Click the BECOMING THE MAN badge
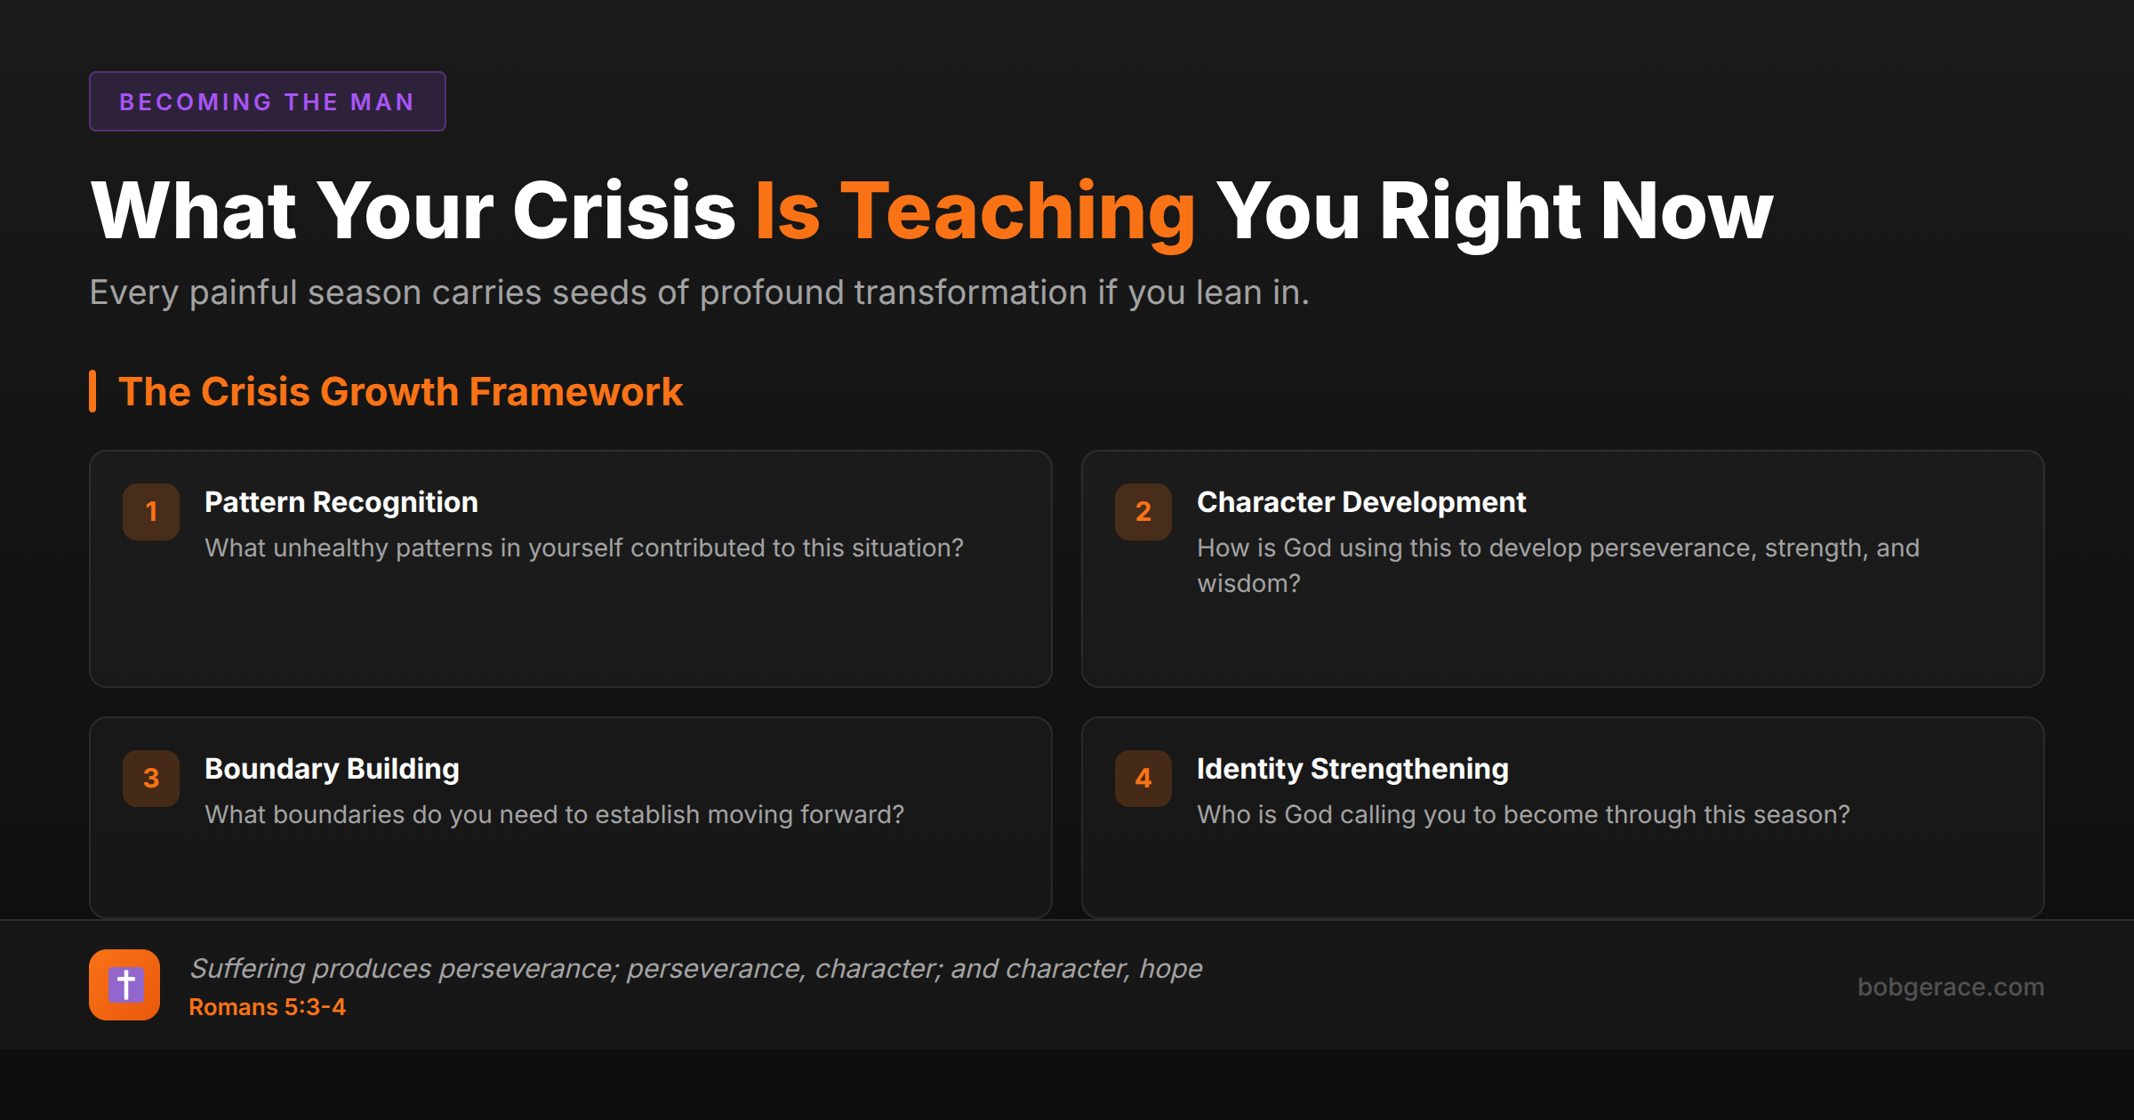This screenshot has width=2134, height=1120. (x=267, y=101)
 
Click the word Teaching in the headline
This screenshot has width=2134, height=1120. (x=1017, y=212)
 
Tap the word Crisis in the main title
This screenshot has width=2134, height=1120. (x=623, y=212)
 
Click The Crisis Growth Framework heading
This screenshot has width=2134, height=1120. (x=400, y=392)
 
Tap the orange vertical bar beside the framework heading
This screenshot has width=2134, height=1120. (x=92, y=392)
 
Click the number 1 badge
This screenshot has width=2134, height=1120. (x=151, y=511)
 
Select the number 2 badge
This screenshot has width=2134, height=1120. (x=1143, y=511)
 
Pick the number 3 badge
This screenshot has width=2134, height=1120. (x=151, y=778)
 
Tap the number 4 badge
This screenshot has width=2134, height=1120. (x=1143, y=778)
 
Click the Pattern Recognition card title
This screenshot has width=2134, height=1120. (x=341, y=502)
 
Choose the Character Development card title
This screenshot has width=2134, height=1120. (x=1361, y=502)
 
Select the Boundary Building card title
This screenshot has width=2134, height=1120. (x=332, y=769)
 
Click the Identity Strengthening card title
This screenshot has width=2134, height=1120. (x=1352, y=769)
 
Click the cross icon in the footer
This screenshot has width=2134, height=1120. (x=124, y=985)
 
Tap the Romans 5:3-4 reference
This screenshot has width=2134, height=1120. (x=267, y=1007)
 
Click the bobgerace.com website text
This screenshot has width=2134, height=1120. (x=1950, y=987)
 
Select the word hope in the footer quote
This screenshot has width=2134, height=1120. (x=1171, y=969)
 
